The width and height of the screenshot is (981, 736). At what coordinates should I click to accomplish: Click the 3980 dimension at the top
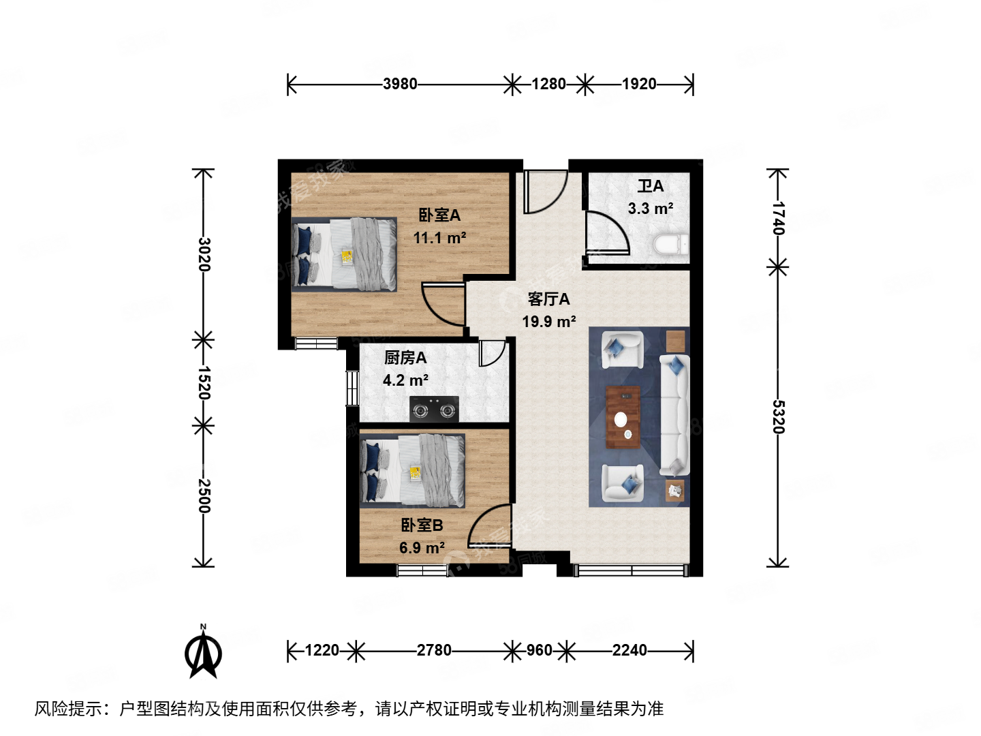(x=400, y=84)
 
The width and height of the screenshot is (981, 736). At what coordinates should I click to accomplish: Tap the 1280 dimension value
(x=548, y=84)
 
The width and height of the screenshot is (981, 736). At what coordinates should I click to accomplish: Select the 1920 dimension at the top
(x=639, y=84)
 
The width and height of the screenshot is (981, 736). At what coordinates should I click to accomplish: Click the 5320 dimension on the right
(x=778, y=416)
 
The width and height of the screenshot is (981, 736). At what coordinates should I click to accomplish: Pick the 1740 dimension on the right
(x=778, y=218)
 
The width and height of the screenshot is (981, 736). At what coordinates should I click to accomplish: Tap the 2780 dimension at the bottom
(x=434, y=650)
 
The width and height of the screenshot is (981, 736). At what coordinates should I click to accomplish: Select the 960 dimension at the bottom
(x=539, y=650)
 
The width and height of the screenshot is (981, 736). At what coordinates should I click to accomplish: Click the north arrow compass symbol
(x=203, y=653)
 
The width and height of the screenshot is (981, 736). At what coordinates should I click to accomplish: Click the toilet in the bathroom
(x=671, y=244)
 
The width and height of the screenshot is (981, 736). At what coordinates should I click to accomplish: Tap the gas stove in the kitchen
(x=434, y=410)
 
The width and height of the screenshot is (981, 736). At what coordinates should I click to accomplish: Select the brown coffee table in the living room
(x=623, y=417)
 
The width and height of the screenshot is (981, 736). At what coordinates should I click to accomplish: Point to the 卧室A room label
(x=439, y=215)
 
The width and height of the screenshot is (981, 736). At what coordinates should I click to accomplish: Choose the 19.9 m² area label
(x=548, y=322)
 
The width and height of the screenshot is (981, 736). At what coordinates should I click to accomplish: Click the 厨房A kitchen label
(x=405, y=358)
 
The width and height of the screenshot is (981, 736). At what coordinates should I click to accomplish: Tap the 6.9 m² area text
(x=422, y=548)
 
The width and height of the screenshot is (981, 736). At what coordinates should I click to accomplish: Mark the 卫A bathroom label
(x=650, y=186)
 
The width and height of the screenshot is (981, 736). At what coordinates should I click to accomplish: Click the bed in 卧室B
(x=413, y=471)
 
